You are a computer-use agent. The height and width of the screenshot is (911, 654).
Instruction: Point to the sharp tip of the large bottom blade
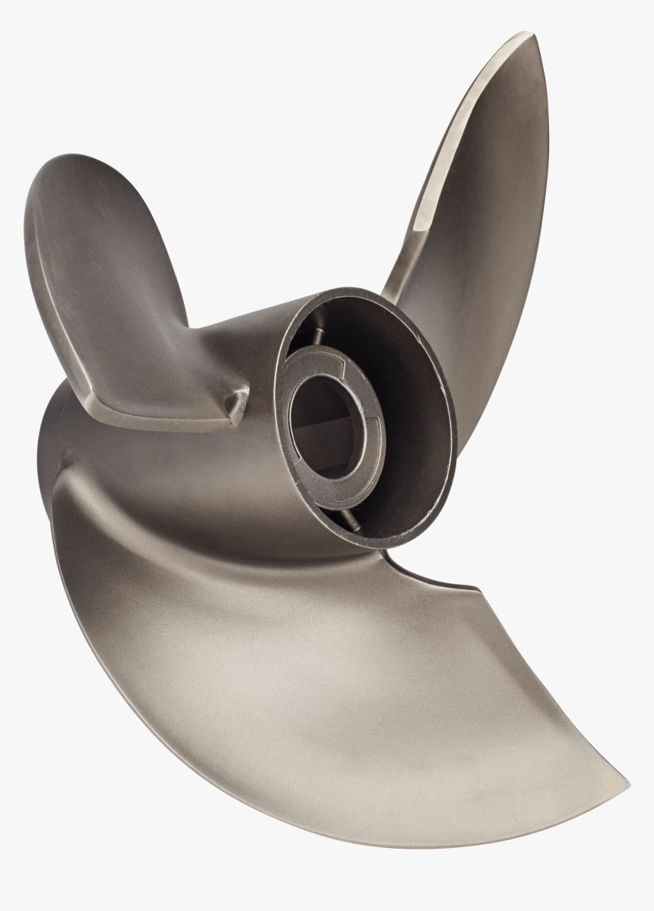(626, 783)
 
